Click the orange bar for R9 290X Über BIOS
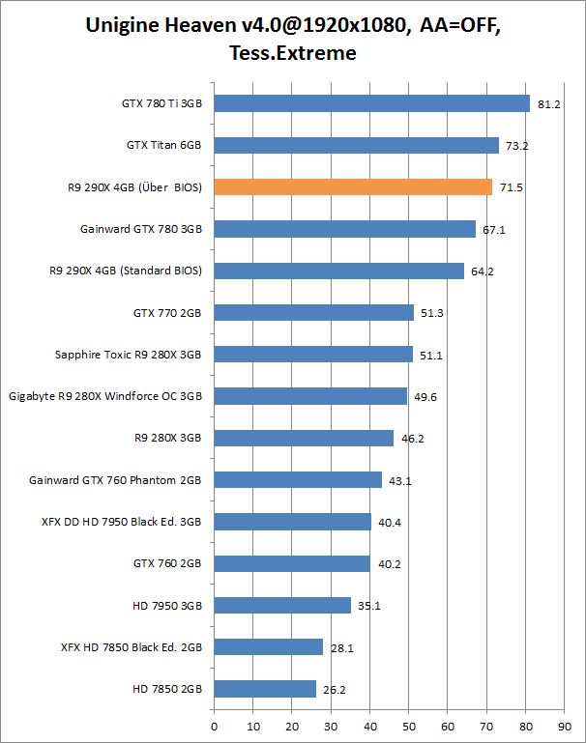(353, 187)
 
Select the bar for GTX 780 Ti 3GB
(371, 103)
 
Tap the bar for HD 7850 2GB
(265, 689)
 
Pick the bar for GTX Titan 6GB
(356, 145)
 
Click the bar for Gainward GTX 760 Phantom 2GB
(298, 479)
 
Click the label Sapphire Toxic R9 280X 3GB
(128, 355)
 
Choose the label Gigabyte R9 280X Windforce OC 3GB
(105, 396)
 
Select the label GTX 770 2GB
(167, 313)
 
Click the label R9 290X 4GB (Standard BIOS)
(126, 271)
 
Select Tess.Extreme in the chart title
(293, 54)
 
